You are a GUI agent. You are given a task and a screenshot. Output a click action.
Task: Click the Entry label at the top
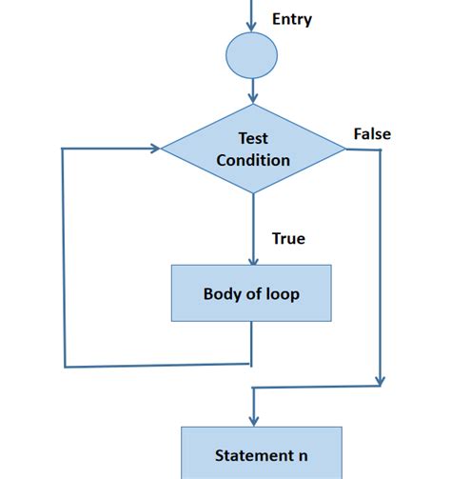pyautogui.click(x=292, y=19)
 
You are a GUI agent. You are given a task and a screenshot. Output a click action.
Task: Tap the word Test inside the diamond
pyautogui.click(x=253, y=137)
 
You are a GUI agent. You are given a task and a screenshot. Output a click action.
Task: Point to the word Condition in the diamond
pyautogui.click(x=253, y=160)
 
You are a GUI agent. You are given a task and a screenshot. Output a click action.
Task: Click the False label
pyautogui.click(x=372, y=134)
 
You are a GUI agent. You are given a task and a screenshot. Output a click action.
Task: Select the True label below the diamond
pyautogui.click(x=288, y=238)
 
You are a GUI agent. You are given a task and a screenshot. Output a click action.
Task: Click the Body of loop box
pyautogui.click(x=251, y=293)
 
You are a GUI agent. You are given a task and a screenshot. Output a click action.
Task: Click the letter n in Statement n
pyautogui.click(x=303, y=456)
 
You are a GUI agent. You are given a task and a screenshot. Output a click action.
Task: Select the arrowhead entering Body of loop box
pyautogui.click(x=252, y=258)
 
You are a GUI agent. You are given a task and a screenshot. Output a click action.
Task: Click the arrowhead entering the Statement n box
pyautogui.click(x=252, y=420)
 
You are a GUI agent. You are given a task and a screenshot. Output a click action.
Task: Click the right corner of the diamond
pyautogui.click(x=343, y=149)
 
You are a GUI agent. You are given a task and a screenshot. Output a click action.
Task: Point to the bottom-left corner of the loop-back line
pyautogui.click(x=65, y=366)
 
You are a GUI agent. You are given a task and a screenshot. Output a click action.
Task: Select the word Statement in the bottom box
pyautogui.click(x=250, y=456)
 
